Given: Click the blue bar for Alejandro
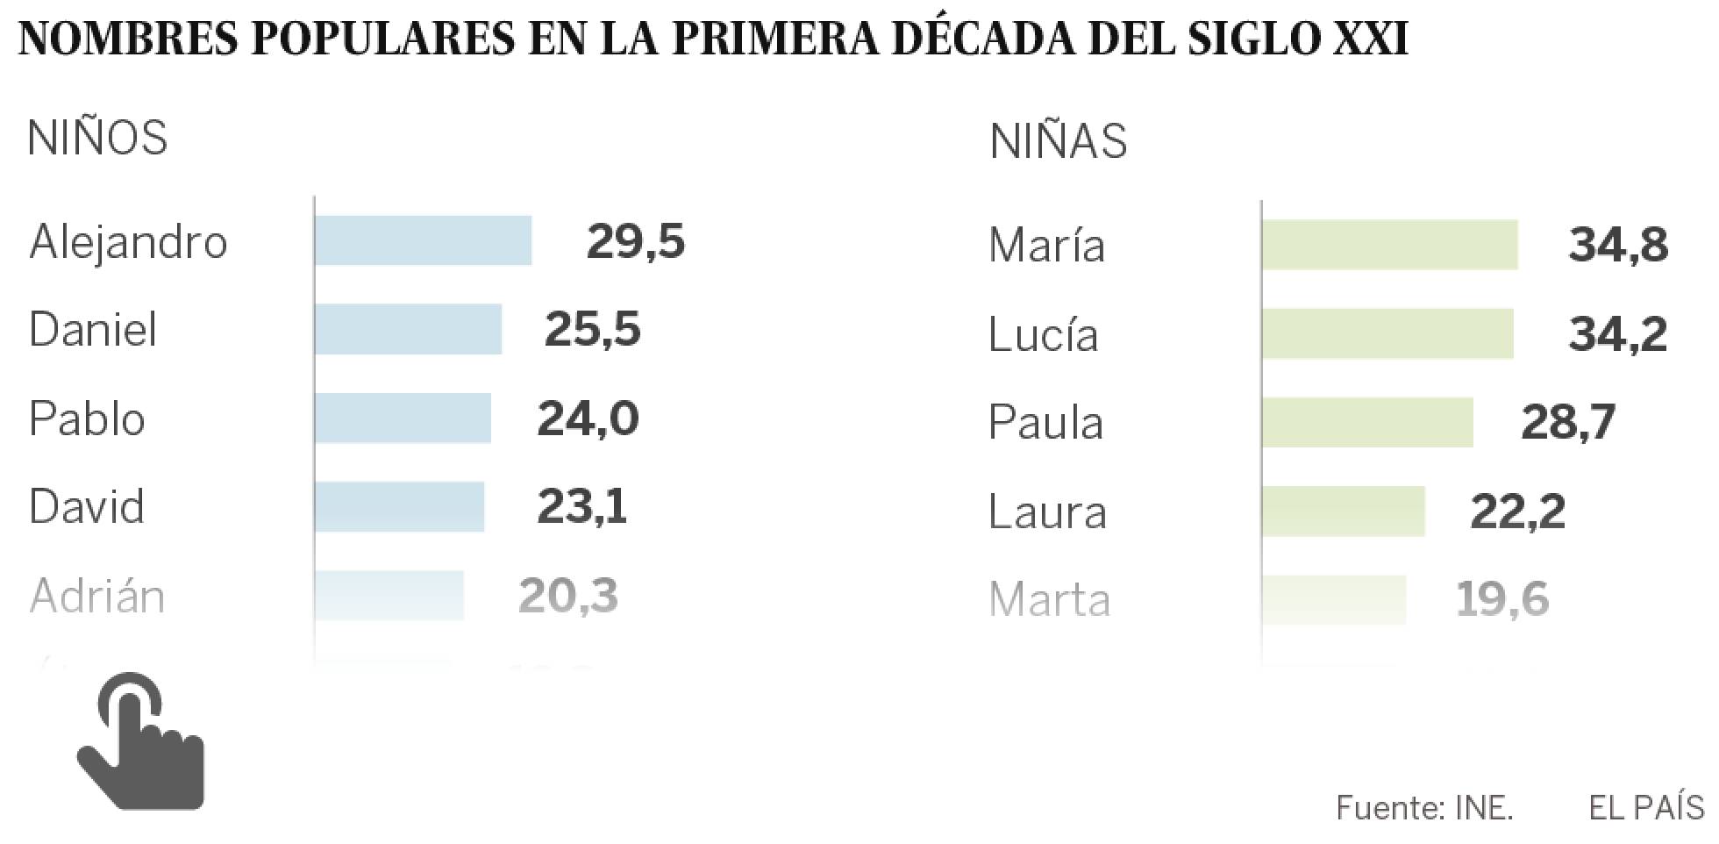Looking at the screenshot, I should (x=424, y=240).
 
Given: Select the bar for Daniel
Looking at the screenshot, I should (x=409, y=329).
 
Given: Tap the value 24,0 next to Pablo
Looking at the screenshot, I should (x=588, y=418).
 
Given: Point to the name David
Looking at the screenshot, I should (x=87, y=507).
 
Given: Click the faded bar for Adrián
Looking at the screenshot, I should (x=389, y=596).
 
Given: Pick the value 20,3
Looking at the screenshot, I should (x=568, y=597).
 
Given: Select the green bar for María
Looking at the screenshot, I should (x=1390, y=245).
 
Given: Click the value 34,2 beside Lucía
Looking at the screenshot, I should (x=1617, y=334).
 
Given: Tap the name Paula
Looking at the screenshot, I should (x=1045, y=423).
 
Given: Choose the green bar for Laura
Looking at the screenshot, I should (x=1344, y=511).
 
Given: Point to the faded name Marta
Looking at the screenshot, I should (x=1049, y=600).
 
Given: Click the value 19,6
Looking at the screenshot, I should (x=1502, y=600).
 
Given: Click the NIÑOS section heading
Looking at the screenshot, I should (x=97, y=139).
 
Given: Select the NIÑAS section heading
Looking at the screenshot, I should (x=1058, y=141).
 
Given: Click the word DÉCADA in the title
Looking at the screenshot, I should (x=981, y=39).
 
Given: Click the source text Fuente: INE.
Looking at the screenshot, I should (x=1424, y=807).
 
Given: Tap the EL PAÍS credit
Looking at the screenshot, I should (x=1646, y=807).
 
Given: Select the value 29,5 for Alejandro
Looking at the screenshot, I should (x=635, y=241).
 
